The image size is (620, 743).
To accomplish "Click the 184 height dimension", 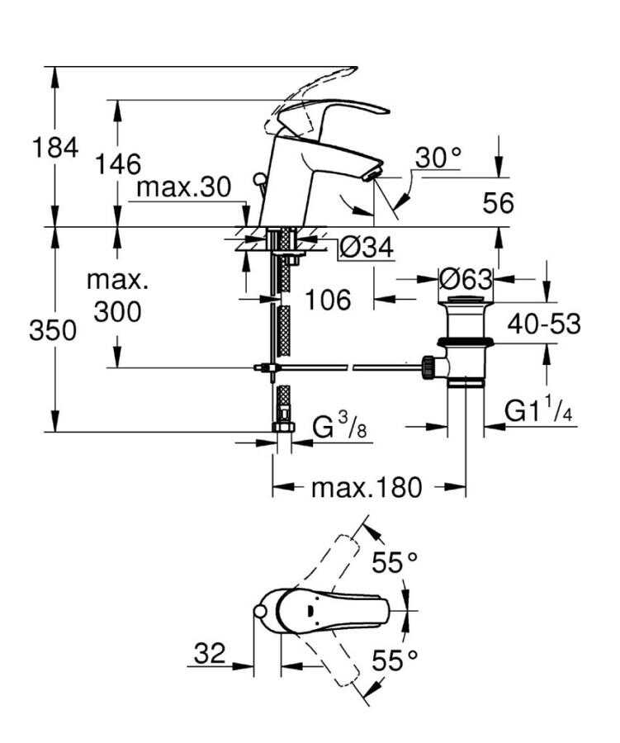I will pyautogui.click(x=55, y=149).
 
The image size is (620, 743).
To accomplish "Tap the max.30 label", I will pyautogui.click(x=184, y=187).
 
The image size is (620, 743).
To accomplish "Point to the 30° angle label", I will pyautogui.click(x=438, y=158).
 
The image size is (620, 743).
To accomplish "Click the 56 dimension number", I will pyautogui.click(x=497, y=202).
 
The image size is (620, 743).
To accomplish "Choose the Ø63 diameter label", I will pyautogui.click(x=465, y=278).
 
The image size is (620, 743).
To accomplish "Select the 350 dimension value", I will pyautogui.click(x=53, y=330).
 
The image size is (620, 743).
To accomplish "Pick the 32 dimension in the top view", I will pyautogui.click(x=210, y=654).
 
